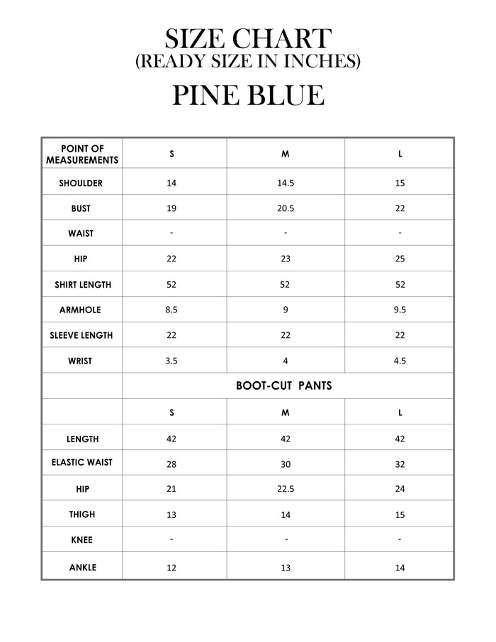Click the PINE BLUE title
coord(248,95)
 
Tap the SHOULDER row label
coord(81,183)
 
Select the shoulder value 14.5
coord(286,183)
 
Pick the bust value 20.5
coord(286,208)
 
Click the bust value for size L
coord(400,208)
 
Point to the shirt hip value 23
coord(286,259)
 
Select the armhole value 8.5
coord(171,310)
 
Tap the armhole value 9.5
coord(400,310)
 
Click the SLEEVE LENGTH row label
coord(81,335)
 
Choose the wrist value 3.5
coord(171,361)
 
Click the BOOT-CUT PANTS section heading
coord(284,386)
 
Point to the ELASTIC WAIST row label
coord(81,463)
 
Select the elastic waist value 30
coord(286,463)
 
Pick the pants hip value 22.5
coord(286,489)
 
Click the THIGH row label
coord(82,514)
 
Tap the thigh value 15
coord(400,514)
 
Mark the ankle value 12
coord(171,568)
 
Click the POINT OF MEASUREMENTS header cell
coord(82,154)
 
